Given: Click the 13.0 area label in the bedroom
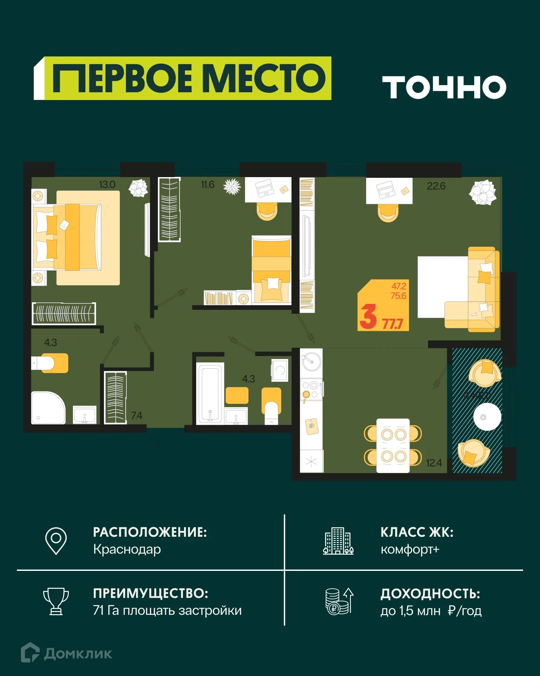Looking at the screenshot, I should coord(107,185).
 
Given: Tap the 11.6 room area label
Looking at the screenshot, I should coord(208,185).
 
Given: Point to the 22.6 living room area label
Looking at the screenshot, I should coord(436,186).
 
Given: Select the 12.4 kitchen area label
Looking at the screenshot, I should coord(434,463).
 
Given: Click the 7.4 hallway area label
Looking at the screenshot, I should coord(136,415).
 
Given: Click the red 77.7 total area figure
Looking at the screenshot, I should coord(393,324).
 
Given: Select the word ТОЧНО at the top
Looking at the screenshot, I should coord(444,87).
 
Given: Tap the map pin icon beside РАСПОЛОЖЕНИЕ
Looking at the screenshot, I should coord(56,540).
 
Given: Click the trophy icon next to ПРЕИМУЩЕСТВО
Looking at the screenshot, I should coord(56,601).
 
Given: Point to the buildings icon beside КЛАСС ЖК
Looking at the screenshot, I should coord(338,541).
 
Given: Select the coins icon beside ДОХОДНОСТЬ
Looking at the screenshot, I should coord(339,602).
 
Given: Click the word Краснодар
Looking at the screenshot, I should coord(127,549).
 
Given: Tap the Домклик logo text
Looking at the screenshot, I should coord(78,654).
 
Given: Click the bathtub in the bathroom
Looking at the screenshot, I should coord(210,393).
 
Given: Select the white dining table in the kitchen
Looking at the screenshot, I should coord(393,445).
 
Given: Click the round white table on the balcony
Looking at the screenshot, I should coord(487,417).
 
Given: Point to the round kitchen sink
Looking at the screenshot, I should coord(312,362).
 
